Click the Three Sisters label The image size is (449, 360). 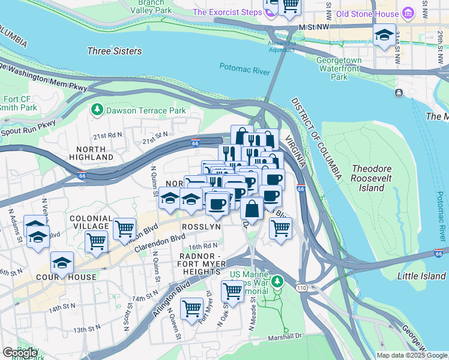[115, 52]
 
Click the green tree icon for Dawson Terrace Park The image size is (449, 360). [96, 110]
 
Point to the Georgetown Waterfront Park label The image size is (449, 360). [339, 68]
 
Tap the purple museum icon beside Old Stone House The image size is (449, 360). [408, 13]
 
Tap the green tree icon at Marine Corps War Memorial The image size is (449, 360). [277, 281]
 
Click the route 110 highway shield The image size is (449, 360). [300, 289]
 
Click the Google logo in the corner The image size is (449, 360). [20, 353]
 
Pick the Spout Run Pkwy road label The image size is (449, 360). [28, 128]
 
